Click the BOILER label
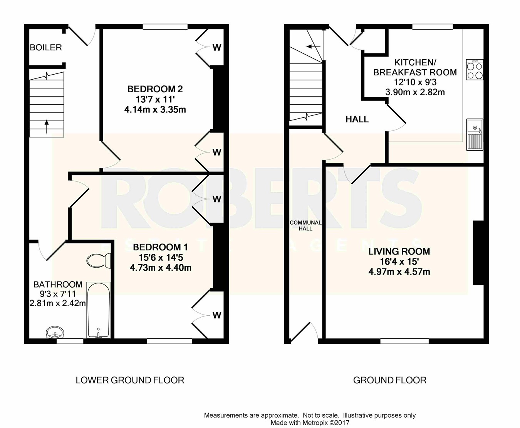(x=46, y=47)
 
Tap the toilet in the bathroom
(x=99, y=261)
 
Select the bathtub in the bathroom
(x=98, y=310)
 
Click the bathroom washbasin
(x=55, y=332)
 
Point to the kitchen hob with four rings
(x=475, y=70)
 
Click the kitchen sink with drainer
(x=475, y=135)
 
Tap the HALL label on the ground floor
(x=357, y=119)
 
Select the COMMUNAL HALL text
(x=305, y=226)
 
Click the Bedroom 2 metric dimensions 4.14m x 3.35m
(x=155, y=110)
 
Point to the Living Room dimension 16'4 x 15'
(x=399, y=261)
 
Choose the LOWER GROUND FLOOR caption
(x=130, y=380)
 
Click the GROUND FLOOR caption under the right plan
(x=390, y=380)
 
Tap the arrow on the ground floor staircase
(x=313, y=47)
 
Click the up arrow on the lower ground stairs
(x=47, y=127)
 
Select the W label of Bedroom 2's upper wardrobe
(x=217, y=47)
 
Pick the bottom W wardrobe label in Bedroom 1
(x=217, y=315)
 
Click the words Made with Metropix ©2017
(x=310, y=423)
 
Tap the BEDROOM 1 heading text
(x=160, y=247)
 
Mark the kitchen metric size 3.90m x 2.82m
(x=415, y=92)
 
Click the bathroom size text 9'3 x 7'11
(x=57, y=294)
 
